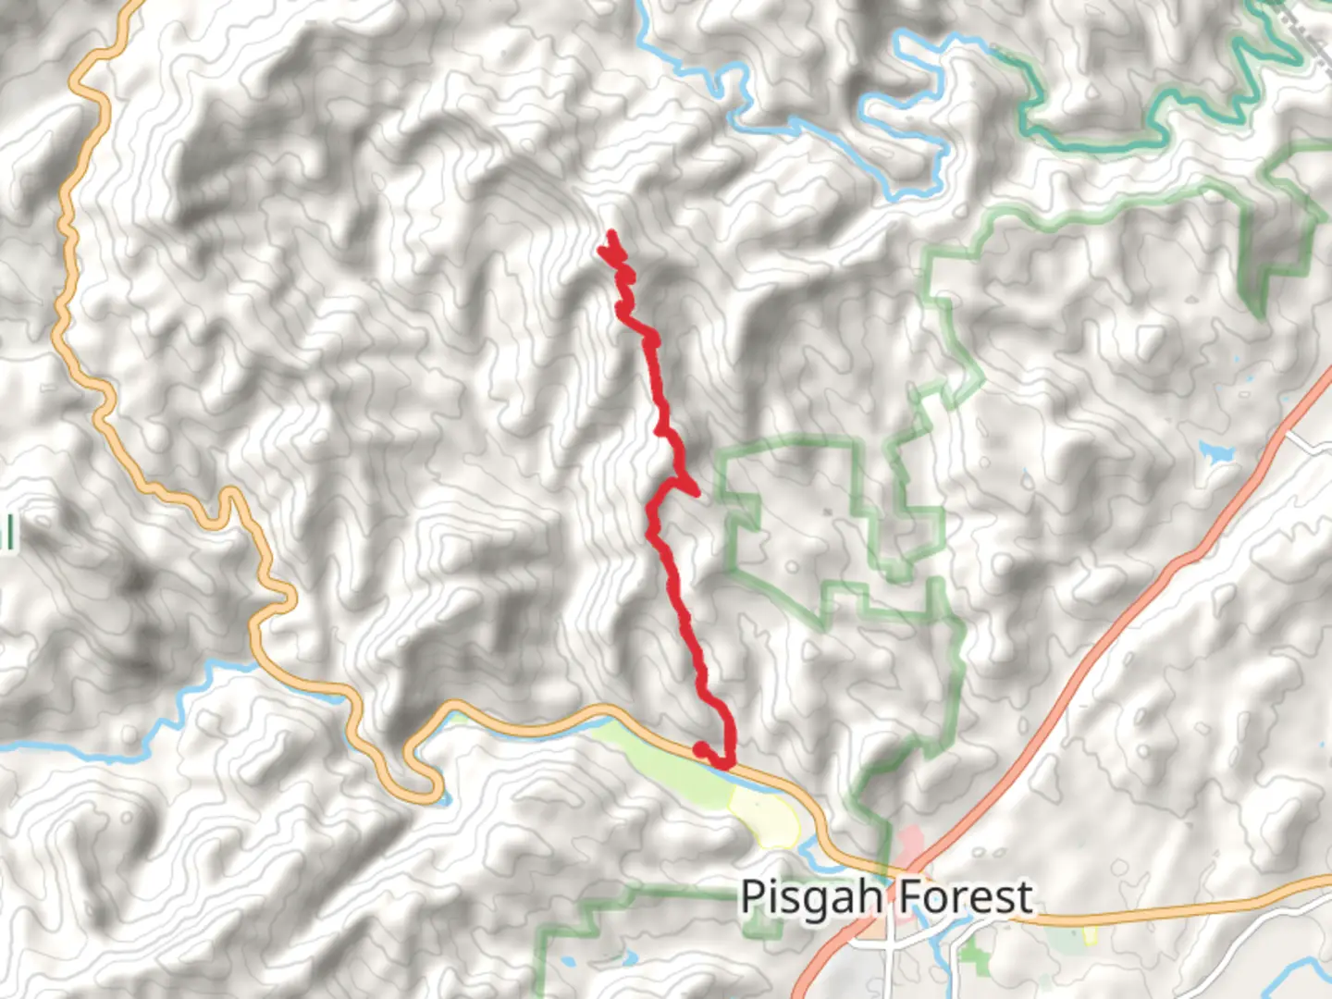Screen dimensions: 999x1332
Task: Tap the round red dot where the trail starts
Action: pos(701,748)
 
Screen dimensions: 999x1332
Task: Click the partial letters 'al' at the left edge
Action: pos(7,534)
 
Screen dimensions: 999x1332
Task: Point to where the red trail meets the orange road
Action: pos(727,764)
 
